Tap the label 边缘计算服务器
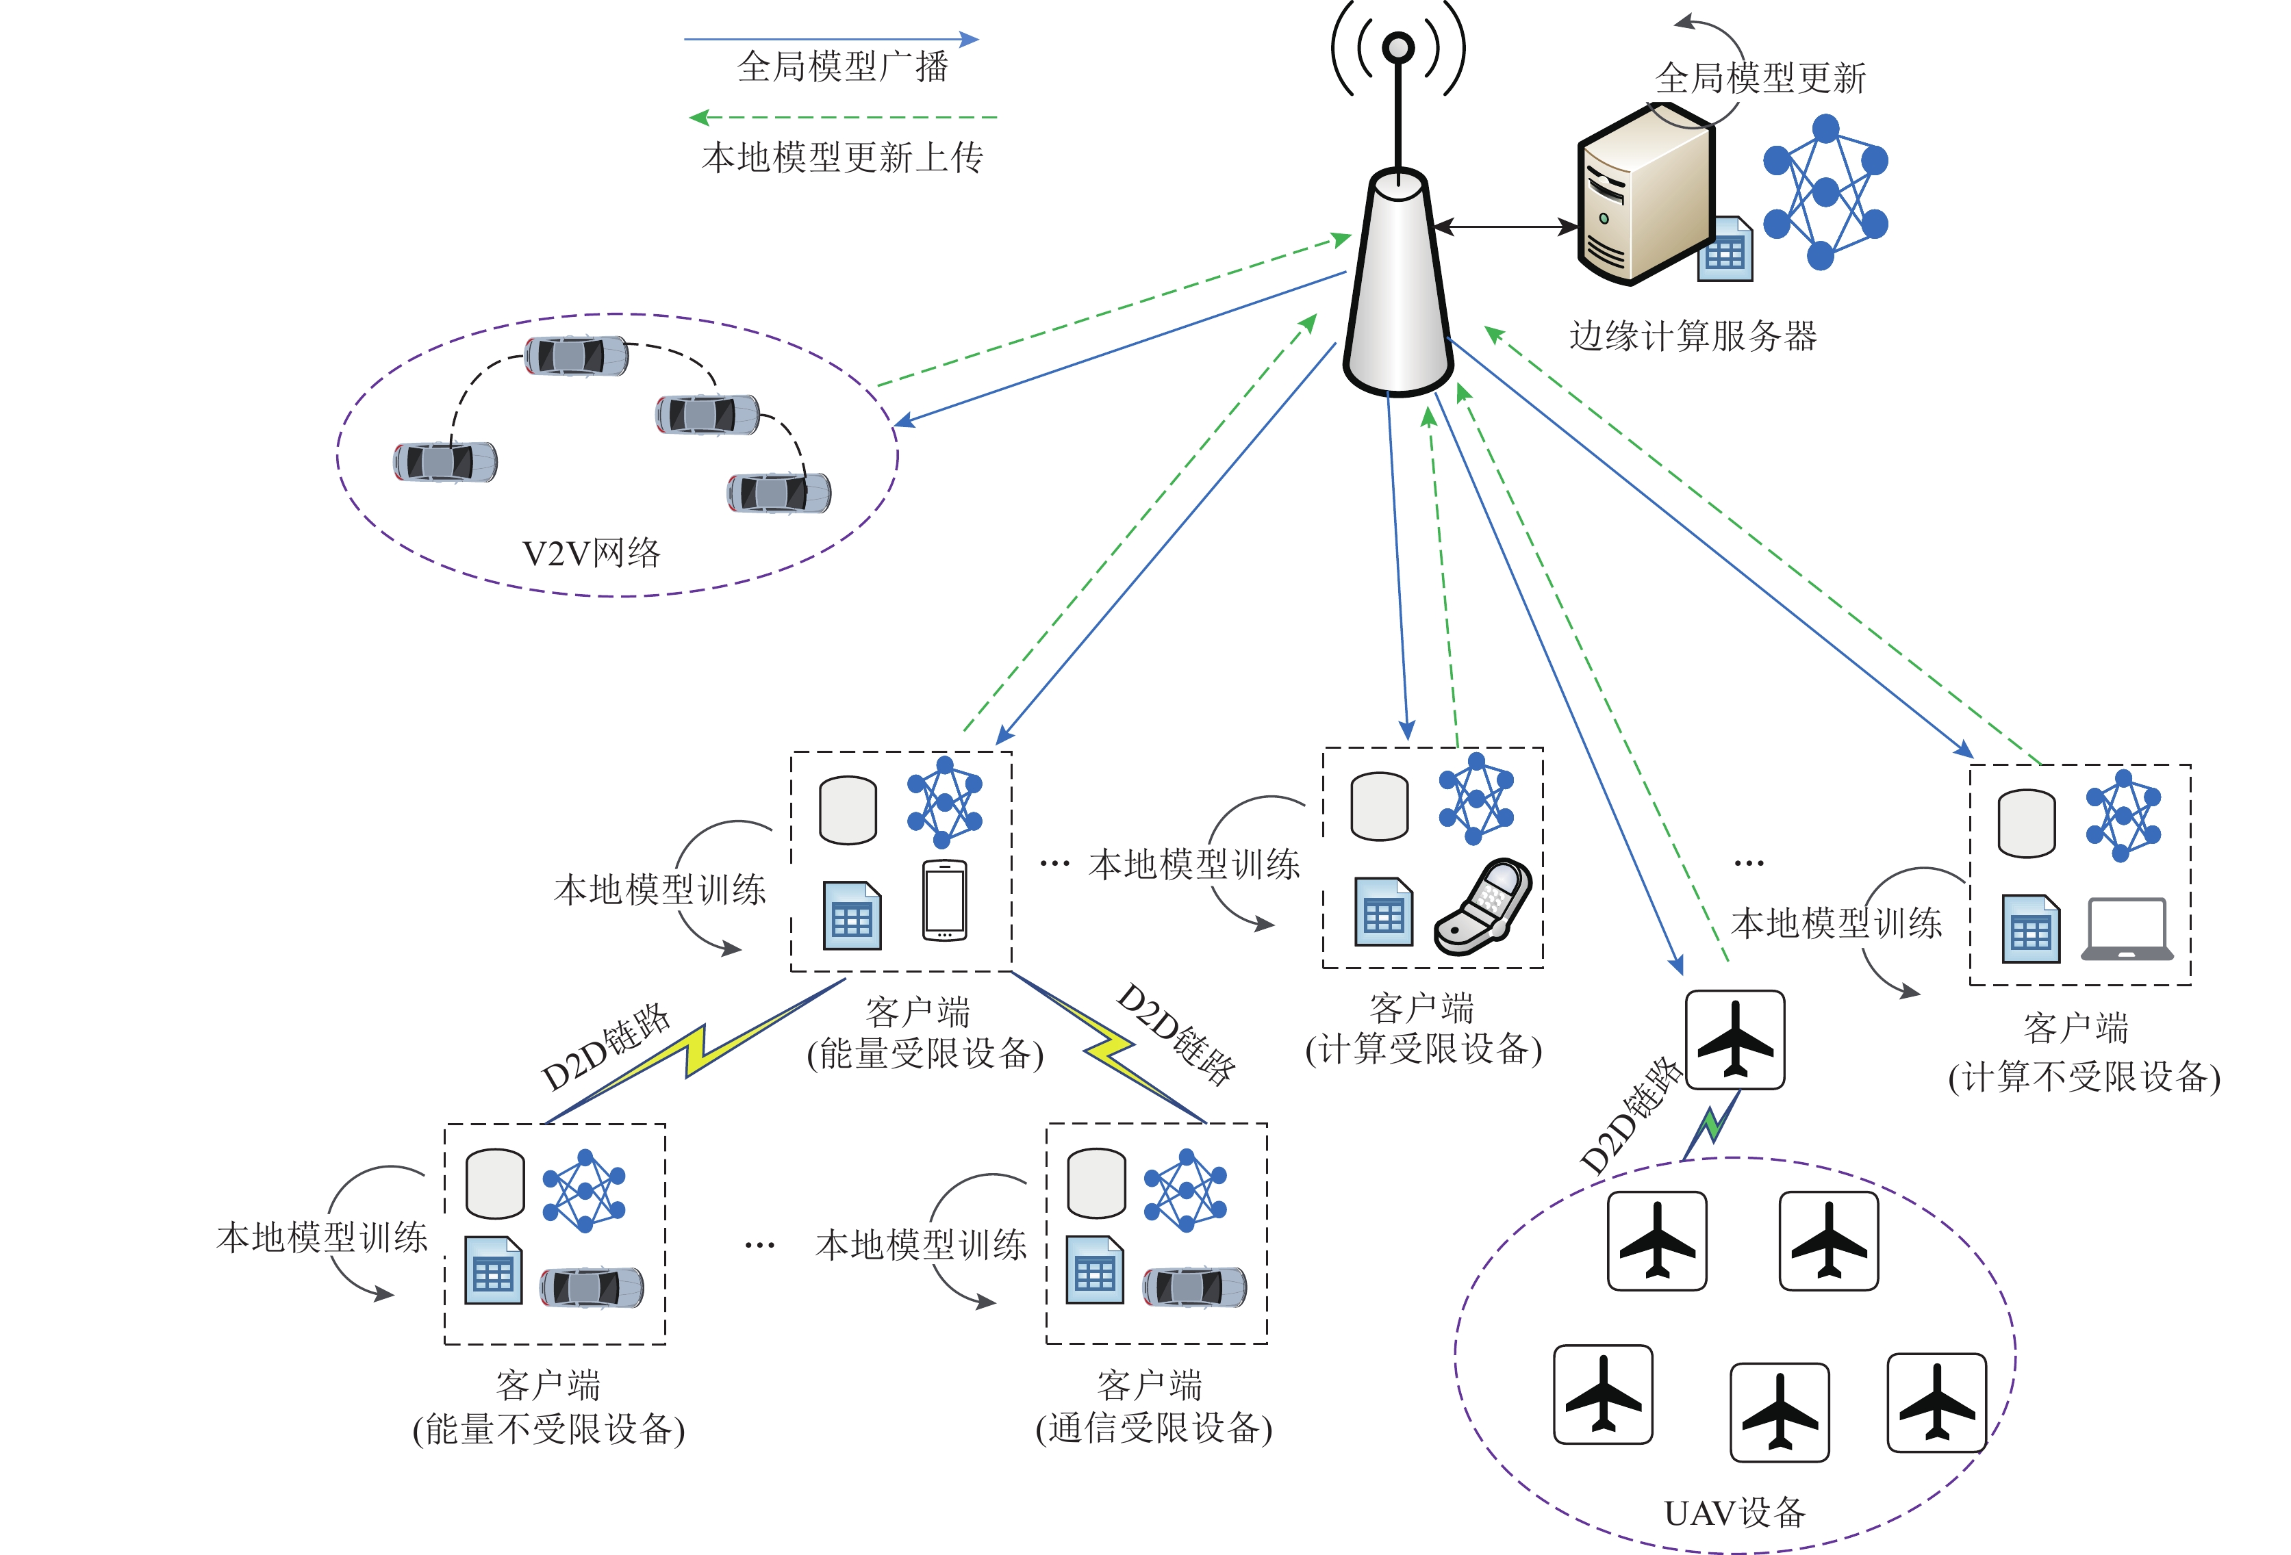(x=1692, y=336)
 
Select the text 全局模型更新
(x=1760, y=78)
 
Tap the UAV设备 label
(x=1734, y=1512)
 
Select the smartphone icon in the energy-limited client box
(x=944, y=900)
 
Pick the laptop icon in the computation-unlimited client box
(x=2127, y=928)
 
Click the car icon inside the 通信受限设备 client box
(x=1194, y=1286)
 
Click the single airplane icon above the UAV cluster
(x=1734, y=1040)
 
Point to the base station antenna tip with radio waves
(x=1398, y=47)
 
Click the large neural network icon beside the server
(x=1825, y=192)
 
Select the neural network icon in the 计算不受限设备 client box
(x=2123, y=816)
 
